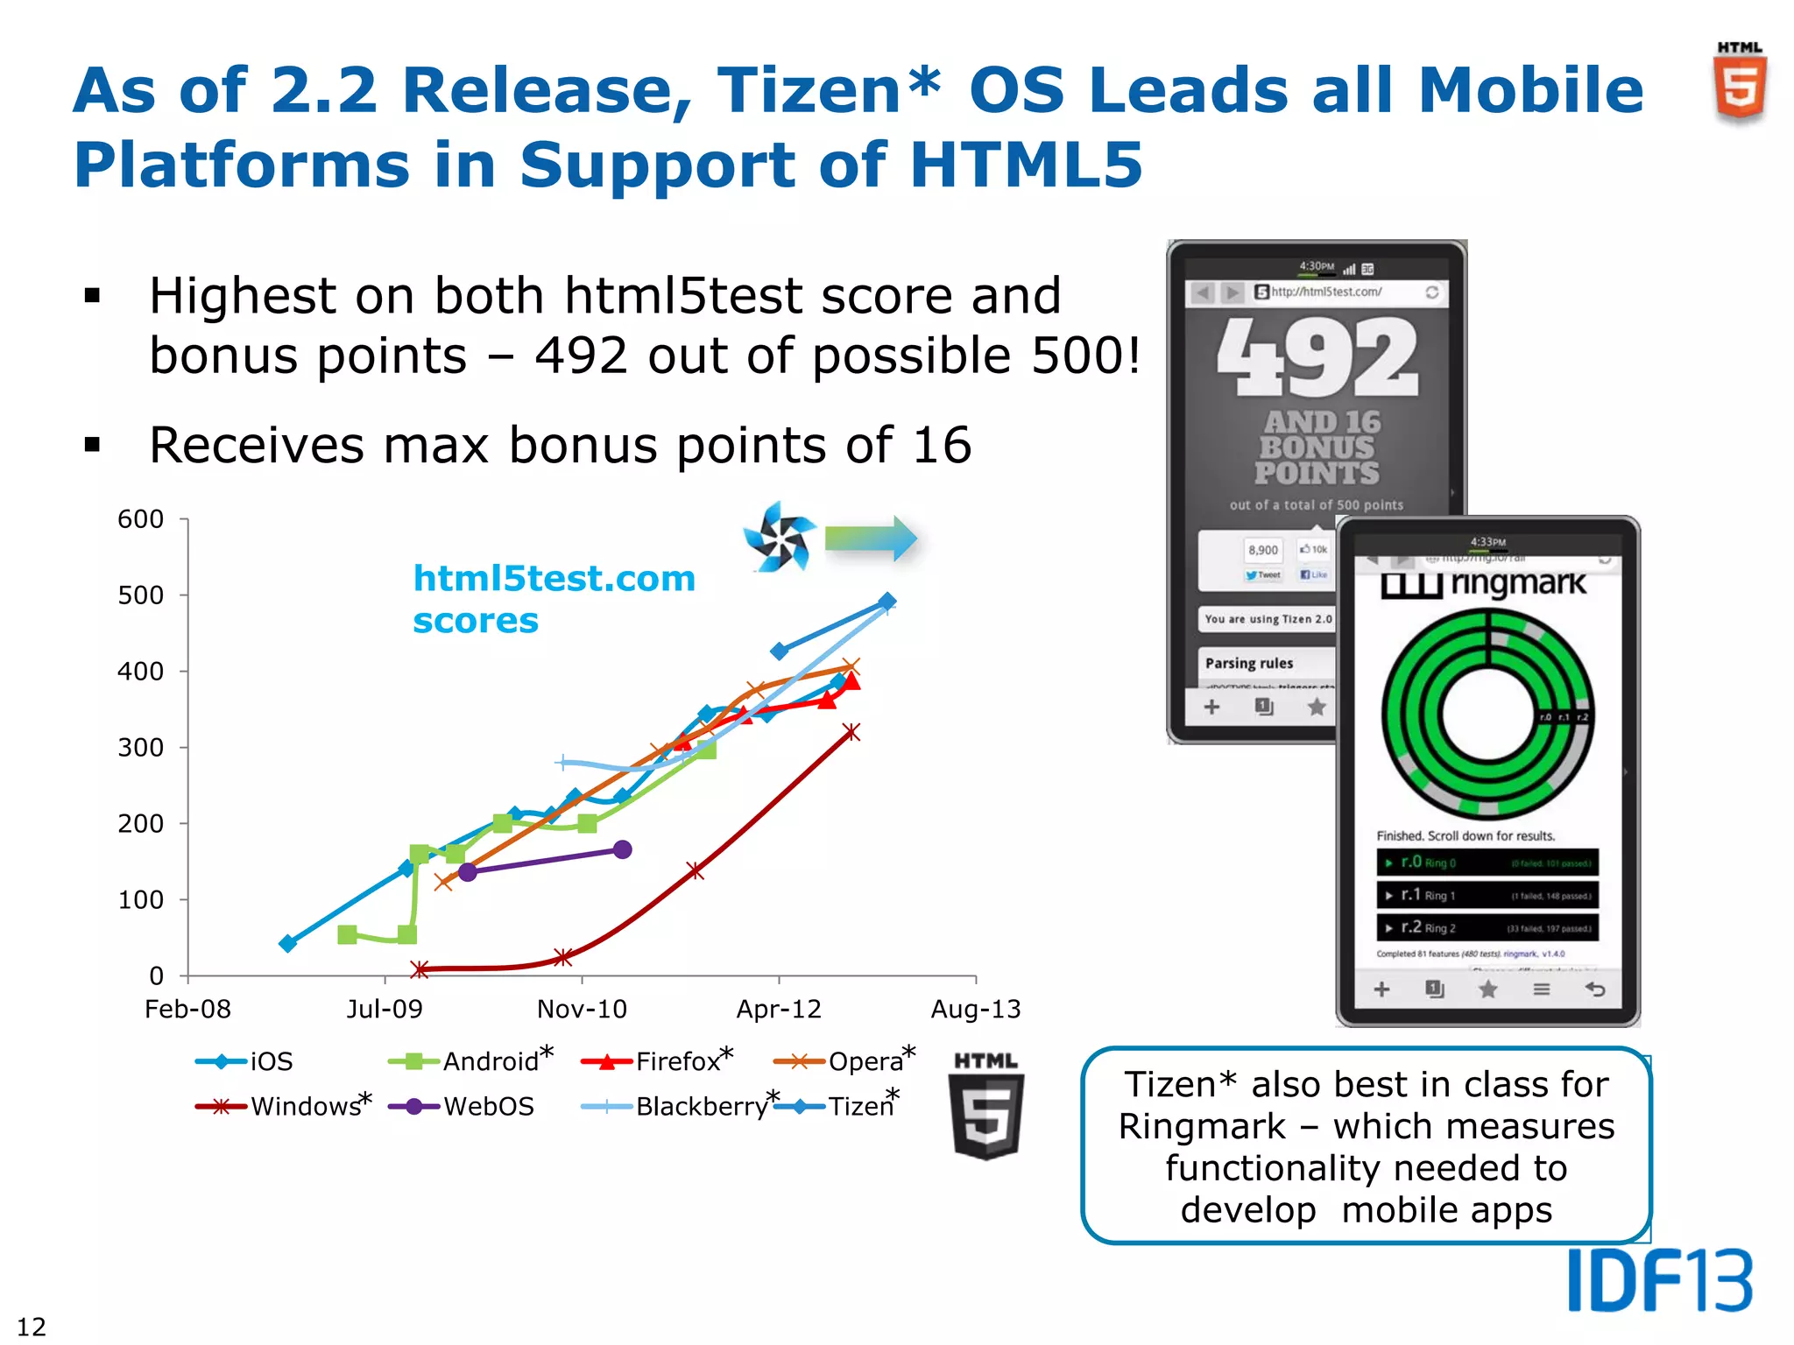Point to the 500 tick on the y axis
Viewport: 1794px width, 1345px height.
(141, 595)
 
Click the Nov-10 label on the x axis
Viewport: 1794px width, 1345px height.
(582, 1010)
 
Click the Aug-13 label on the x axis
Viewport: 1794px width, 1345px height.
(975, 1010)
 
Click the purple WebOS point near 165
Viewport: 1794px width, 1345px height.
(622, 849)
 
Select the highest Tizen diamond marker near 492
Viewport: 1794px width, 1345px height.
(886, 602)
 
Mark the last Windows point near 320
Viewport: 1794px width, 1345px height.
(851, 732)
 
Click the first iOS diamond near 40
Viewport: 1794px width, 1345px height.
(287, 943)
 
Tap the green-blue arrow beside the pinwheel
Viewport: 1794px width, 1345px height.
(871, 538)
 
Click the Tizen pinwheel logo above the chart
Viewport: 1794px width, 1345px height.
(778, 537)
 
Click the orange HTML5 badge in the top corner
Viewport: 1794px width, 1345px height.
(1740, 83)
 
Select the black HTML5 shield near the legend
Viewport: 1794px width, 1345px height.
(986, 1108)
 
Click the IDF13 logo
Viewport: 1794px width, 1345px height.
(1659, 1280)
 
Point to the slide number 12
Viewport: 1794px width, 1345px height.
(32, 1327)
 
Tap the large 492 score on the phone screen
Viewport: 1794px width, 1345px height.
(1317, 358)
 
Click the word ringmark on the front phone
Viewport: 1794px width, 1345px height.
(1518, 583)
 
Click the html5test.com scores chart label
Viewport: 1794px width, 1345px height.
(554, 599)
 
